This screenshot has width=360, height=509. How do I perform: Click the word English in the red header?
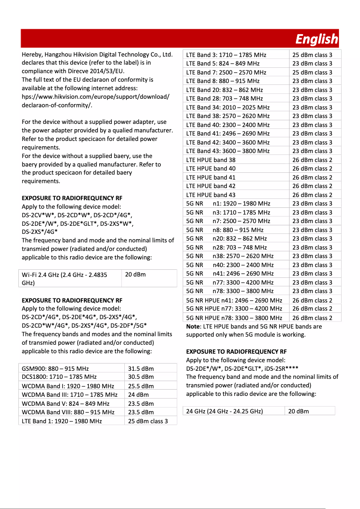coord(316,39)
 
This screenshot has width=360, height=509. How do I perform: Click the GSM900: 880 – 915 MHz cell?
coord(55,369)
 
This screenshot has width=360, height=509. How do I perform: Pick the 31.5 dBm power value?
coord(141,369)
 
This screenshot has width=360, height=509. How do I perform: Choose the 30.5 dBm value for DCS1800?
coord(141,377)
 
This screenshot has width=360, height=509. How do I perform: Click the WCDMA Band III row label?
coord(70,395)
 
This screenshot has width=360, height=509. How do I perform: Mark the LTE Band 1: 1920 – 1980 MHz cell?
coord(62,421)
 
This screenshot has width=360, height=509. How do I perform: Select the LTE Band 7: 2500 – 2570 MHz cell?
coord(226,72)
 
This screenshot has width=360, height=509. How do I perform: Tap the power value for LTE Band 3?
coord(312,55)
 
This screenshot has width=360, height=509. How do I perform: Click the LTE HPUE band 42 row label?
coord(211,186)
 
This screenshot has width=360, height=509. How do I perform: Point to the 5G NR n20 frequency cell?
coord(240,238)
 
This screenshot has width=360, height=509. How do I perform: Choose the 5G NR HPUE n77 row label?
coord(234,309)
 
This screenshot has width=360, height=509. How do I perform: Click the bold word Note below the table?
coord(193,326)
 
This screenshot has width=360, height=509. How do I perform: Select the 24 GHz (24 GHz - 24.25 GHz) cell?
coord(224,411)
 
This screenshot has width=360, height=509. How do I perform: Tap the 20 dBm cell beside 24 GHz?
coord(299,411)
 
